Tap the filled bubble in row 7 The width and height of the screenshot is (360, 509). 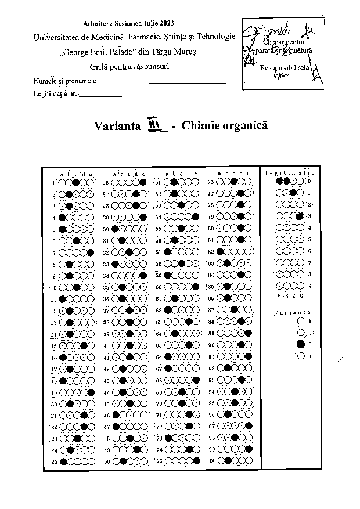point(91,252)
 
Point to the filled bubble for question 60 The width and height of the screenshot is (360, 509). point(196,287)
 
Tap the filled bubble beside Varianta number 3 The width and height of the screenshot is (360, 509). point(300,344)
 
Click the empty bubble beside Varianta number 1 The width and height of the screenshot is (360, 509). point(300,320)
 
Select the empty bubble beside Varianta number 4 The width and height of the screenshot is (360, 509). point(300,356)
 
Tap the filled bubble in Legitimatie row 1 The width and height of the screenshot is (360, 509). point(294,193)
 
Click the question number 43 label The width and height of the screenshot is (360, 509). point(107,381)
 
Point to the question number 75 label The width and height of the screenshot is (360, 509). point(160,461)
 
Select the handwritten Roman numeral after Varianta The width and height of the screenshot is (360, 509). point(156,125)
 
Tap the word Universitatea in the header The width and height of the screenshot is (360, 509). point(60,37)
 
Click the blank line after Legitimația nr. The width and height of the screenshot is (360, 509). point(100,94)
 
